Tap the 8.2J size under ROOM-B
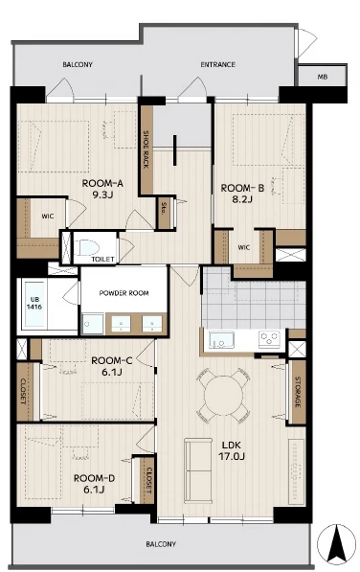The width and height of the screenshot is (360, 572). (x=241, y=199)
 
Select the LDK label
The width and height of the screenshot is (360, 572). (x=232, y=446)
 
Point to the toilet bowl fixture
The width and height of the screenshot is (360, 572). (x=87, y=247)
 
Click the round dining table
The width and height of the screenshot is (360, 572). (x=223, y=396)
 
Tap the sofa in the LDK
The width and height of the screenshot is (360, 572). (x=198, y=470)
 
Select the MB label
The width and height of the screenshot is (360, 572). (x=322, y=77)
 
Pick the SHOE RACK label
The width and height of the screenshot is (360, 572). (x=146, y=149)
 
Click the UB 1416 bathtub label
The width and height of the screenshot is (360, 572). (x=34, y=304)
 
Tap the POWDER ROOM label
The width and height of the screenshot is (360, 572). (x=124, y=293)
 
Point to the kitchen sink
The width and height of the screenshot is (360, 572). (x=221, y=340)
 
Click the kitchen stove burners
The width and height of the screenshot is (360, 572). (x=269, y=339)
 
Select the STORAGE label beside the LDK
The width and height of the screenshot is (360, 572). (x=298, y=392)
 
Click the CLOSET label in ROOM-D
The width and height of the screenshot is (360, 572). (x=148, y=480)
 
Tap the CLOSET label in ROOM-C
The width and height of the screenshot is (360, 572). (x=23, y=392)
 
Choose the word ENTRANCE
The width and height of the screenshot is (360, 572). (x=218, y=64)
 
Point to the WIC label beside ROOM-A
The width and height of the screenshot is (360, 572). (x=47, y=217)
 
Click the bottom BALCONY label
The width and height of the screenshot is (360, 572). (x=161, y=544)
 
